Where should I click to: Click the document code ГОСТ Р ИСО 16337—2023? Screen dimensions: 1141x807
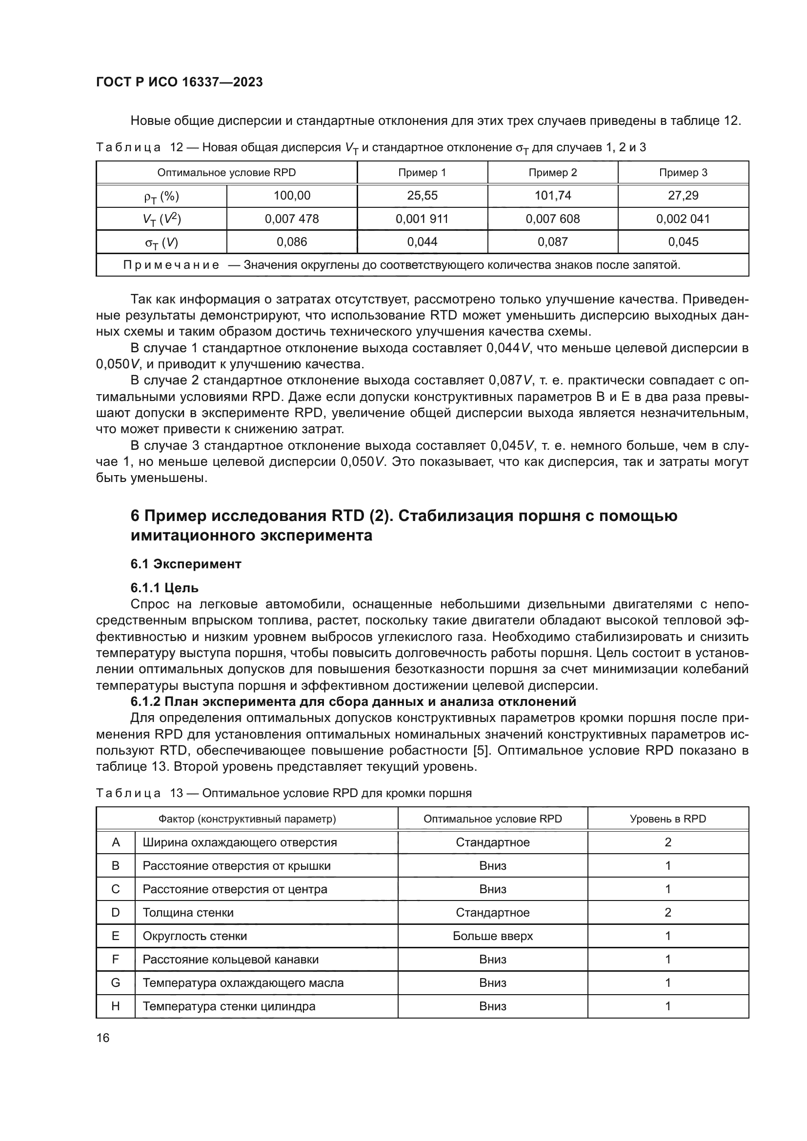[179, 82]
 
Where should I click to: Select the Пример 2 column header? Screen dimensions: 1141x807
[553, 173]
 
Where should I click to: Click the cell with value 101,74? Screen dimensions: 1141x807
[553, 196]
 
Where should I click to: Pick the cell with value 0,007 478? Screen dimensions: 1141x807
[292, 219]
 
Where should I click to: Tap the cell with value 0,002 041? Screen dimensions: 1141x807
[683, 219]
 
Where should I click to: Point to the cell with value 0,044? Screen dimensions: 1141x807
[422, 242]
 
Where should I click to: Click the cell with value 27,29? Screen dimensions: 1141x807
[683, 196]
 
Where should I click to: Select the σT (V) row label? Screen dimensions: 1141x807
[161, 242]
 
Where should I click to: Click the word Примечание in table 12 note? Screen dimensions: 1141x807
[171, 265]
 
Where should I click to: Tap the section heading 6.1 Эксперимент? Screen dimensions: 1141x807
[186, 564]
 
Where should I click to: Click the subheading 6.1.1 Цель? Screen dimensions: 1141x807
[164, 588]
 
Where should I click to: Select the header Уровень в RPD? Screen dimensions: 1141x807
[668, 819]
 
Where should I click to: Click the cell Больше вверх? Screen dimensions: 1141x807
[492, 936]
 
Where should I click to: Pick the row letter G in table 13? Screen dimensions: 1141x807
[115, 983]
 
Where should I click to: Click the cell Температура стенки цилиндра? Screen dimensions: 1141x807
[229, 1006]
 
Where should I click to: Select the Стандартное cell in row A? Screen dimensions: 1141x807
[492, 842]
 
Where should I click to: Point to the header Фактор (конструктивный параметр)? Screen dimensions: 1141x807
[247, 819]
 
